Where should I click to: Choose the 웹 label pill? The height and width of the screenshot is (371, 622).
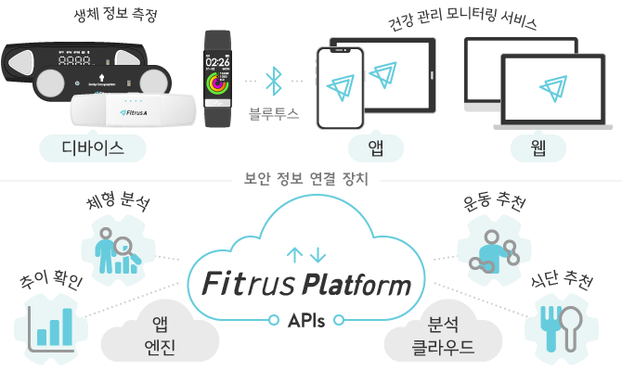pyautogui.click(x=537, y=147)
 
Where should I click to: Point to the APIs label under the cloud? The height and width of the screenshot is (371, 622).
pyautogui.click(x=306, y=320)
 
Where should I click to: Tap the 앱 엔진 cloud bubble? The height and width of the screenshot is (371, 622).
pyautogui.click(x=149, y=335)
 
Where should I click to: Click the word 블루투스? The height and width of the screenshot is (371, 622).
pyautogui.click(x=273, y=116)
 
